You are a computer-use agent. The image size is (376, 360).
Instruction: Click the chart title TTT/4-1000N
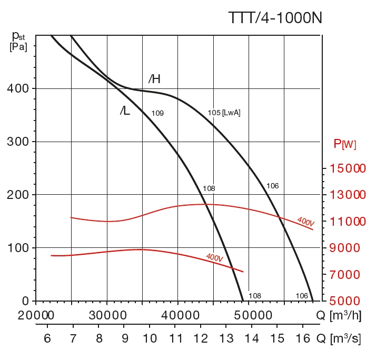(x=275, y=18)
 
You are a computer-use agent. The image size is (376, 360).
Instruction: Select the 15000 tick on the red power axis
(x=345, y=168)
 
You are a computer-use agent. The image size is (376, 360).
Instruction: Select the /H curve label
(x=154, y=79)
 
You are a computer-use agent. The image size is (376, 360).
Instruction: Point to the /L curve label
(x=125, y=111)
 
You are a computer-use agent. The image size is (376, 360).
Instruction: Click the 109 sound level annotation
(x=157, y=113)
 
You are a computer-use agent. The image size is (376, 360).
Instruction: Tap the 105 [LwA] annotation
(x=224, y=113)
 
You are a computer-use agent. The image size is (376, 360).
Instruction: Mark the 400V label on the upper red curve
(x=305, y=222)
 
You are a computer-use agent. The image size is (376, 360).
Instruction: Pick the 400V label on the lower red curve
(x=214, y=258)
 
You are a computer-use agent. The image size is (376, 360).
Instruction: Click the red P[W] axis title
(x=345, y=144)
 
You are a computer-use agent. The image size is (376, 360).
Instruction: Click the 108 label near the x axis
(x=254, y=296)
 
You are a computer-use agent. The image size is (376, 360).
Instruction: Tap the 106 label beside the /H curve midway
(x=272, y=186)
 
